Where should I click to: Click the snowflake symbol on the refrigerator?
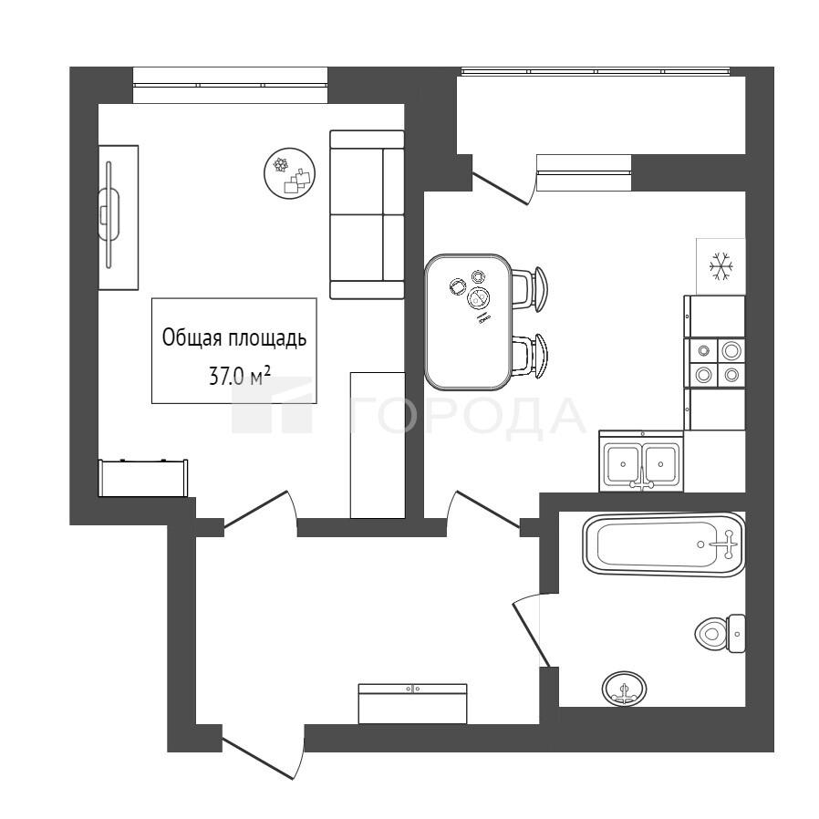[721, 266]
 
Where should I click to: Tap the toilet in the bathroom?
[720, 633]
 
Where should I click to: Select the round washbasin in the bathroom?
[624, 689]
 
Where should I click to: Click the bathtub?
[664, 544]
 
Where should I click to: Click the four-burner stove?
[714, 362]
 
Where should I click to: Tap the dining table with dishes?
[468, 322]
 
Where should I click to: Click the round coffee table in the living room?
[290, 173]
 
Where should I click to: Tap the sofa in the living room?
[368, 214]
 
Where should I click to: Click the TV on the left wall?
[109, 214]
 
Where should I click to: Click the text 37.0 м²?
[239, 375]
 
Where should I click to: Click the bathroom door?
[531, 634]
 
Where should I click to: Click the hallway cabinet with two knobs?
[412, 703]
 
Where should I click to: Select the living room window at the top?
[231, 85]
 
